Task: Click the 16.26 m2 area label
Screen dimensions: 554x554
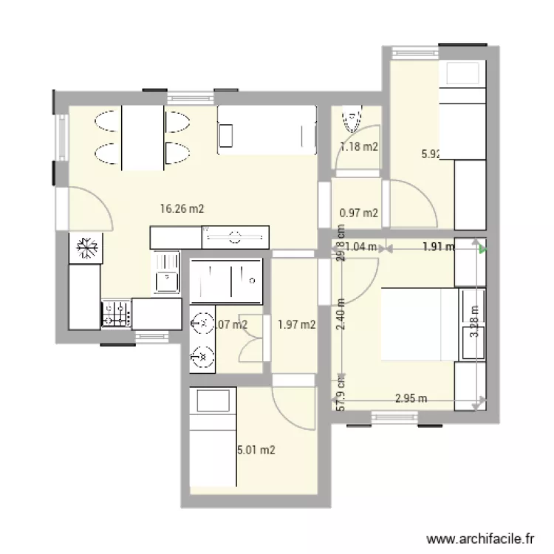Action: coord(182,209)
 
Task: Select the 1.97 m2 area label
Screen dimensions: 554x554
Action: coord(297,324)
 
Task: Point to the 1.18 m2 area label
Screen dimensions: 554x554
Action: coord(359,146)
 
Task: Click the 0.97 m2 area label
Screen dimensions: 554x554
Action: coord(359,213)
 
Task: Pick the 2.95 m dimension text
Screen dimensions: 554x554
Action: coord(411,399)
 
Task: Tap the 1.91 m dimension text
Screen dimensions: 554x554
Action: coord(438,247)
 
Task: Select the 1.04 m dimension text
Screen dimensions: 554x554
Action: coord(361,247)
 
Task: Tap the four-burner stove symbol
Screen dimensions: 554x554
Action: coord(116,315)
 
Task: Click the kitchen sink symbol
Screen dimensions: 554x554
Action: coord(167,273)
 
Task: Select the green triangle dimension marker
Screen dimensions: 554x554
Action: coord(482,250)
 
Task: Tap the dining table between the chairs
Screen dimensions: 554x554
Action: coord(142,137)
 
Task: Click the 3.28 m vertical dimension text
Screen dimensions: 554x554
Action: coord(473,321)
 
